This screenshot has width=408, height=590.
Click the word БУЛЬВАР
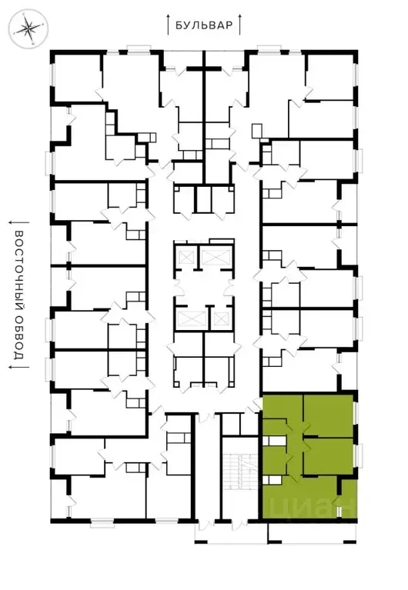tap(204, 25)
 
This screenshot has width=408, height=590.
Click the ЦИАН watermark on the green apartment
tap(310, 507)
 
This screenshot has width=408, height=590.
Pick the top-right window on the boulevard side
tap(270, 49)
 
